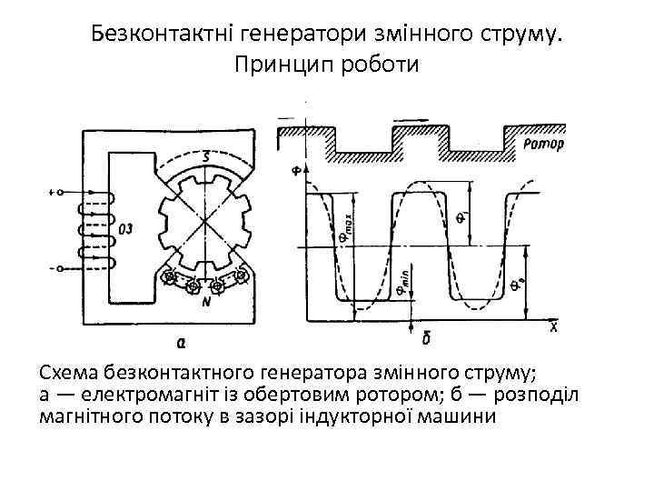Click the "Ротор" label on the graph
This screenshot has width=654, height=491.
pos(543,145)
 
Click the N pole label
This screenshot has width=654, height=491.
pos(207,304)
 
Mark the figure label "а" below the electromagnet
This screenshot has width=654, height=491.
pos(182,341)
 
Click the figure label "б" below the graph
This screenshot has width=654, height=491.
pos(425,338)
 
